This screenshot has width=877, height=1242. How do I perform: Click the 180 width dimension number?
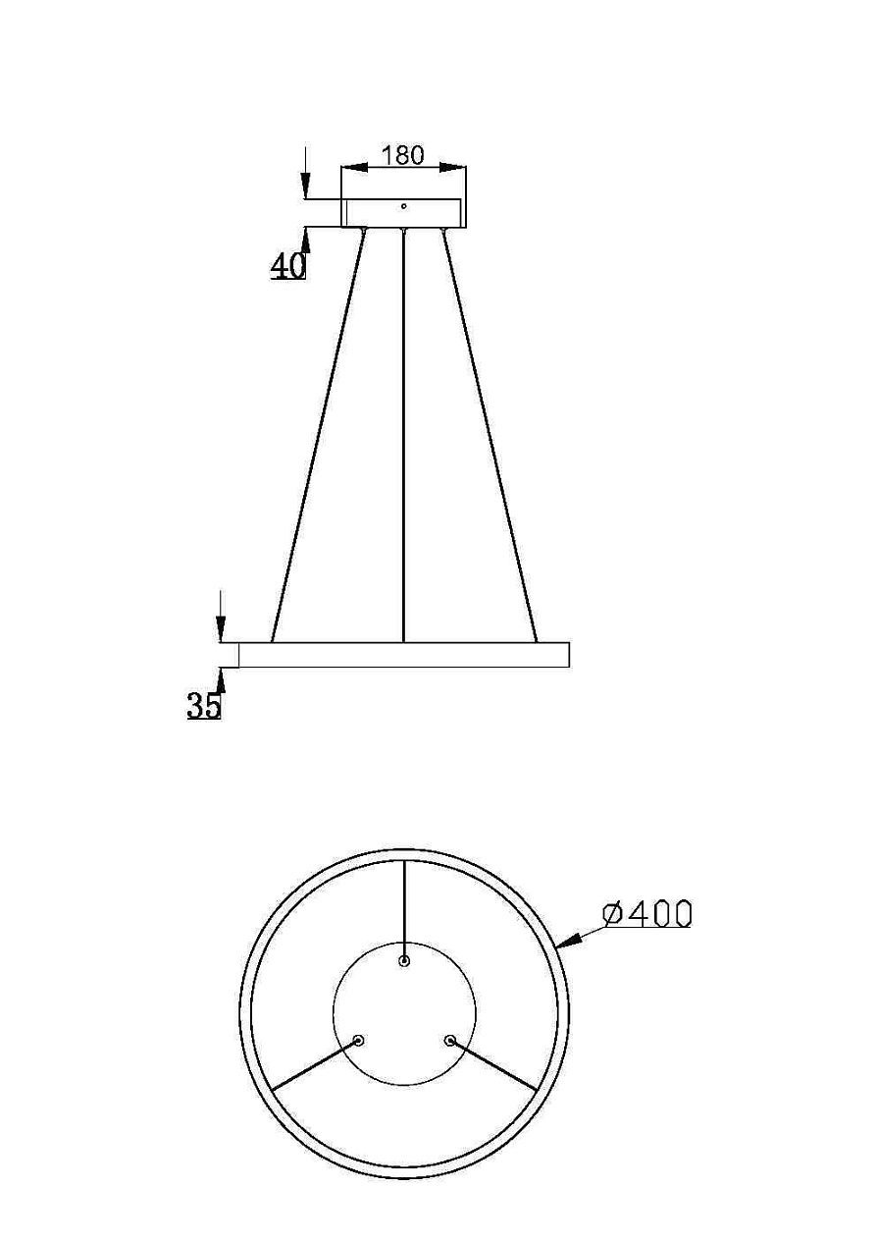[402, 155]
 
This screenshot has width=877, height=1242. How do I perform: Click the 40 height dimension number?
[288, 265]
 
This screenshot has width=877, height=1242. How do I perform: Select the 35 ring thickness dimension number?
[204, 705]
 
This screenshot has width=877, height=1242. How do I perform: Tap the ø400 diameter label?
[647, 914]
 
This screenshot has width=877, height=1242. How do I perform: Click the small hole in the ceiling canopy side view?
[403, 206]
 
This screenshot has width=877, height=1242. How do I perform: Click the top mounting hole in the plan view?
[404, 960]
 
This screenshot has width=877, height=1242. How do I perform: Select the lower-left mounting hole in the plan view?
[358, 1040]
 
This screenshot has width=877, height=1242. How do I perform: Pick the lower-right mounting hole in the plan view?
[450, 1040]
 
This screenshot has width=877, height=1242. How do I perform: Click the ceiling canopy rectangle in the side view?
[403, 213]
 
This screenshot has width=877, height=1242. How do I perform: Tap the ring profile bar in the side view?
[403, 655]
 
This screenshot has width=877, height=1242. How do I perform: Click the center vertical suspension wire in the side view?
[404, 432]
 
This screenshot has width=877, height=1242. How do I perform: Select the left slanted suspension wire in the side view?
[318, 432]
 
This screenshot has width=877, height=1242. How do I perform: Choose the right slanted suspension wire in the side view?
[490, 432]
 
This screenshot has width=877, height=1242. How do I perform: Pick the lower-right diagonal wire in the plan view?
[493, 1064]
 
